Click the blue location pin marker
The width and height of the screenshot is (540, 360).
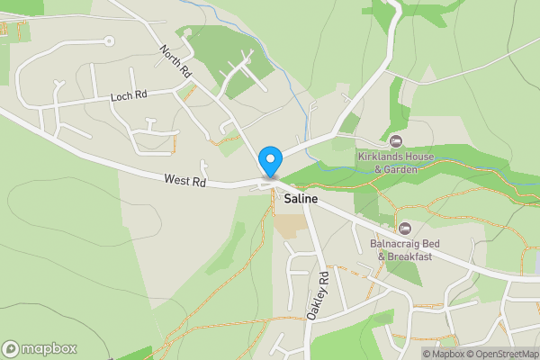[x=269, y=162]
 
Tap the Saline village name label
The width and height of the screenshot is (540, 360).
[x=304, y=198]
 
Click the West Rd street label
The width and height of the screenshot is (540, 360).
[x=185, y=181]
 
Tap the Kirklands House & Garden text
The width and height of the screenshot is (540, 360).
[x=398, y=162]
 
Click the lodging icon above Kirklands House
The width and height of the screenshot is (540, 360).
[x=396, y=140]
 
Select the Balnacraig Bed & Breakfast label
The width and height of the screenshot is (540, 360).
[x=405, y=249]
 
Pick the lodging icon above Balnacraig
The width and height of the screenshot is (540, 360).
[x=405, y=229]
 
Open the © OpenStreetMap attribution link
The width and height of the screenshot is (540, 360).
[x=502, y=353]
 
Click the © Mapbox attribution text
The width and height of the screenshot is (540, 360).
[x=444, y=353]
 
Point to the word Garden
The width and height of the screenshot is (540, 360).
[x=405, y=168]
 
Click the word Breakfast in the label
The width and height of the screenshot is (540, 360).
[x=410, y=256]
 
